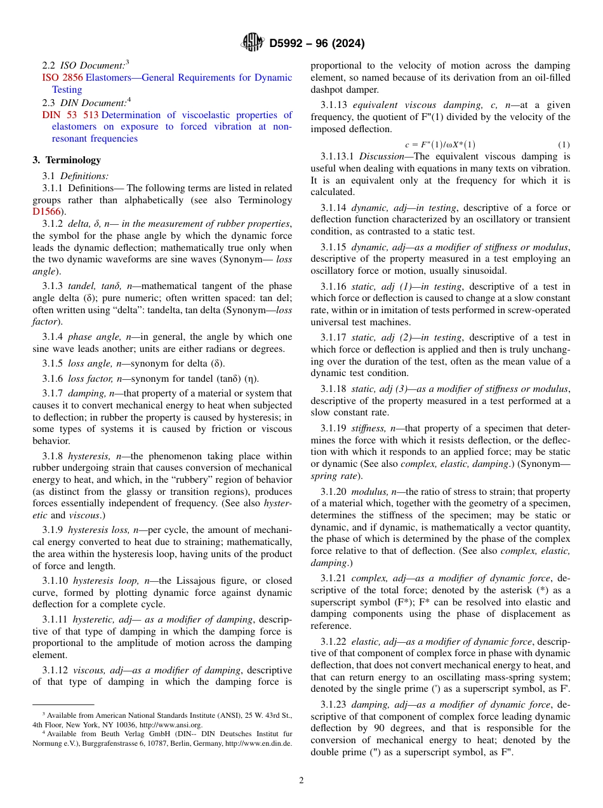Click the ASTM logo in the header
pyautogui.click(x=253, y=43)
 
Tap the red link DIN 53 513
pyautogui.click(x=70, y=115)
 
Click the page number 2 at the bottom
pyautogui.click(x=301, y=781)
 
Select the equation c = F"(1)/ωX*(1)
pyautogui.click(x=440, y=145)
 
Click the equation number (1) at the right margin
pyautogui.click(x=564, y=145)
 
